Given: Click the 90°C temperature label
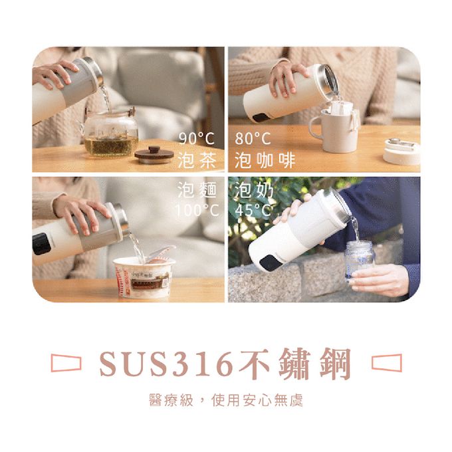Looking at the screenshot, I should tap(197, 139).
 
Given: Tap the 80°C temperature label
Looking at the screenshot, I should tap(253, 139).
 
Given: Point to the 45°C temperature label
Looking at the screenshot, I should tap(253, 211).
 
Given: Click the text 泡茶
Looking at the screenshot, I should tap(197, 160).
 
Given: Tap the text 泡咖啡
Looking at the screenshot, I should tap(265, 160).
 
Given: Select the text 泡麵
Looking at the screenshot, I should tap(197, 191).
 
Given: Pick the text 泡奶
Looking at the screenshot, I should tap(254, 191).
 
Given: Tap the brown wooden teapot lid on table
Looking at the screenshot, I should tap(154, 154).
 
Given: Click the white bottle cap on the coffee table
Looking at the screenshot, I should tap(402, 152).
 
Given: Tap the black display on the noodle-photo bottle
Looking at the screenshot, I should tap(42, 243).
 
